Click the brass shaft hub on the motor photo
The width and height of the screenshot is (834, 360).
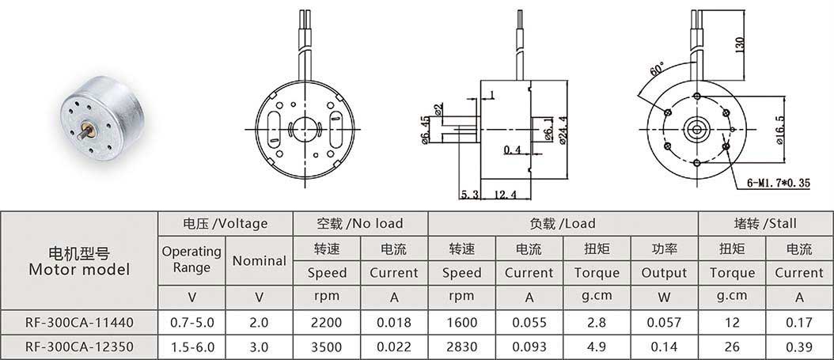point(89,129)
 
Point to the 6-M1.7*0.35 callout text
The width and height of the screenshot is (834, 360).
point(778,184)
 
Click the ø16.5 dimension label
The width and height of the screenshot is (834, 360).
point(780,130)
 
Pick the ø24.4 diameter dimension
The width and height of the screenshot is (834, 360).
point(562,130)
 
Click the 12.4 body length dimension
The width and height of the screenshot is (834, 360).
point(505,195)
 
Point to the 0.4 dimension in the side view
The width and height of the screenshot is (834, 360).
point(512,150)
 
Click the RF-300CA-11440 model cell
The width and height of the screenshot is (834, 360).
point(79,322)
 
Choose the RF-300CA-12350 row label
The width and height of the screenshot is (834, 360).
point(79,347)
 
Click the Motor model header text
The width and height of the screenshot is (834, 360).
point(79,269)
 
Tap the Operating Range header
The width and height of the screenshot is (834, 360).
point(191,259)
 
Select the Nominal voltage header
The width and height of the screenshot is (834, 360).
point(260,260)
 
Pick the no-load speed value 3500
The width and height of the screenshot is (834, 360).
point(327,347)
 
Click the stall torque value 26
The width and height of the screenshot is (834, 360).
point(732,347)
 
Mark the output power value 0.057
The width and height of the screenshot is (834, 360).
point(664,322)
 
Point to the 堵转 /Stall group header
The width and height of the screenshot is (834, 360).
point(765,223)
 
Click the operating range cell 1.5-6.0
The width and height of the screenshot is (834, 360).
point(192,347)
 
